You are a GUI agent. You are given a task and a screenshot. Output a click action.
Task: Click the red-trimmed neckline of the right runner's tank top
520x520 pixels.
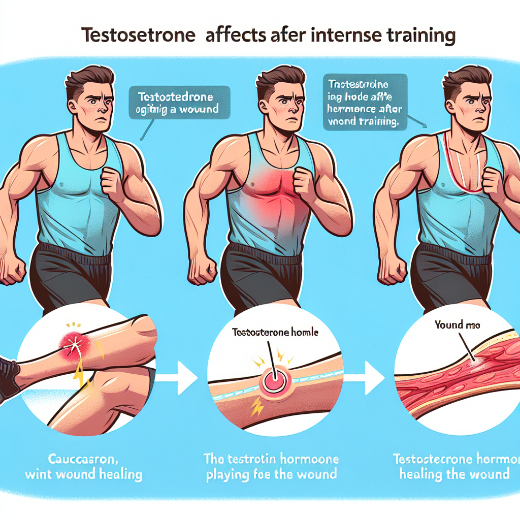click(460, 168)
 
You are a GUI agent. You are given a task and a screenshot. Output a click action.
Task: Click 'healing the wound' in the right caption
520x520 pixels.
click(454, 474)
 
